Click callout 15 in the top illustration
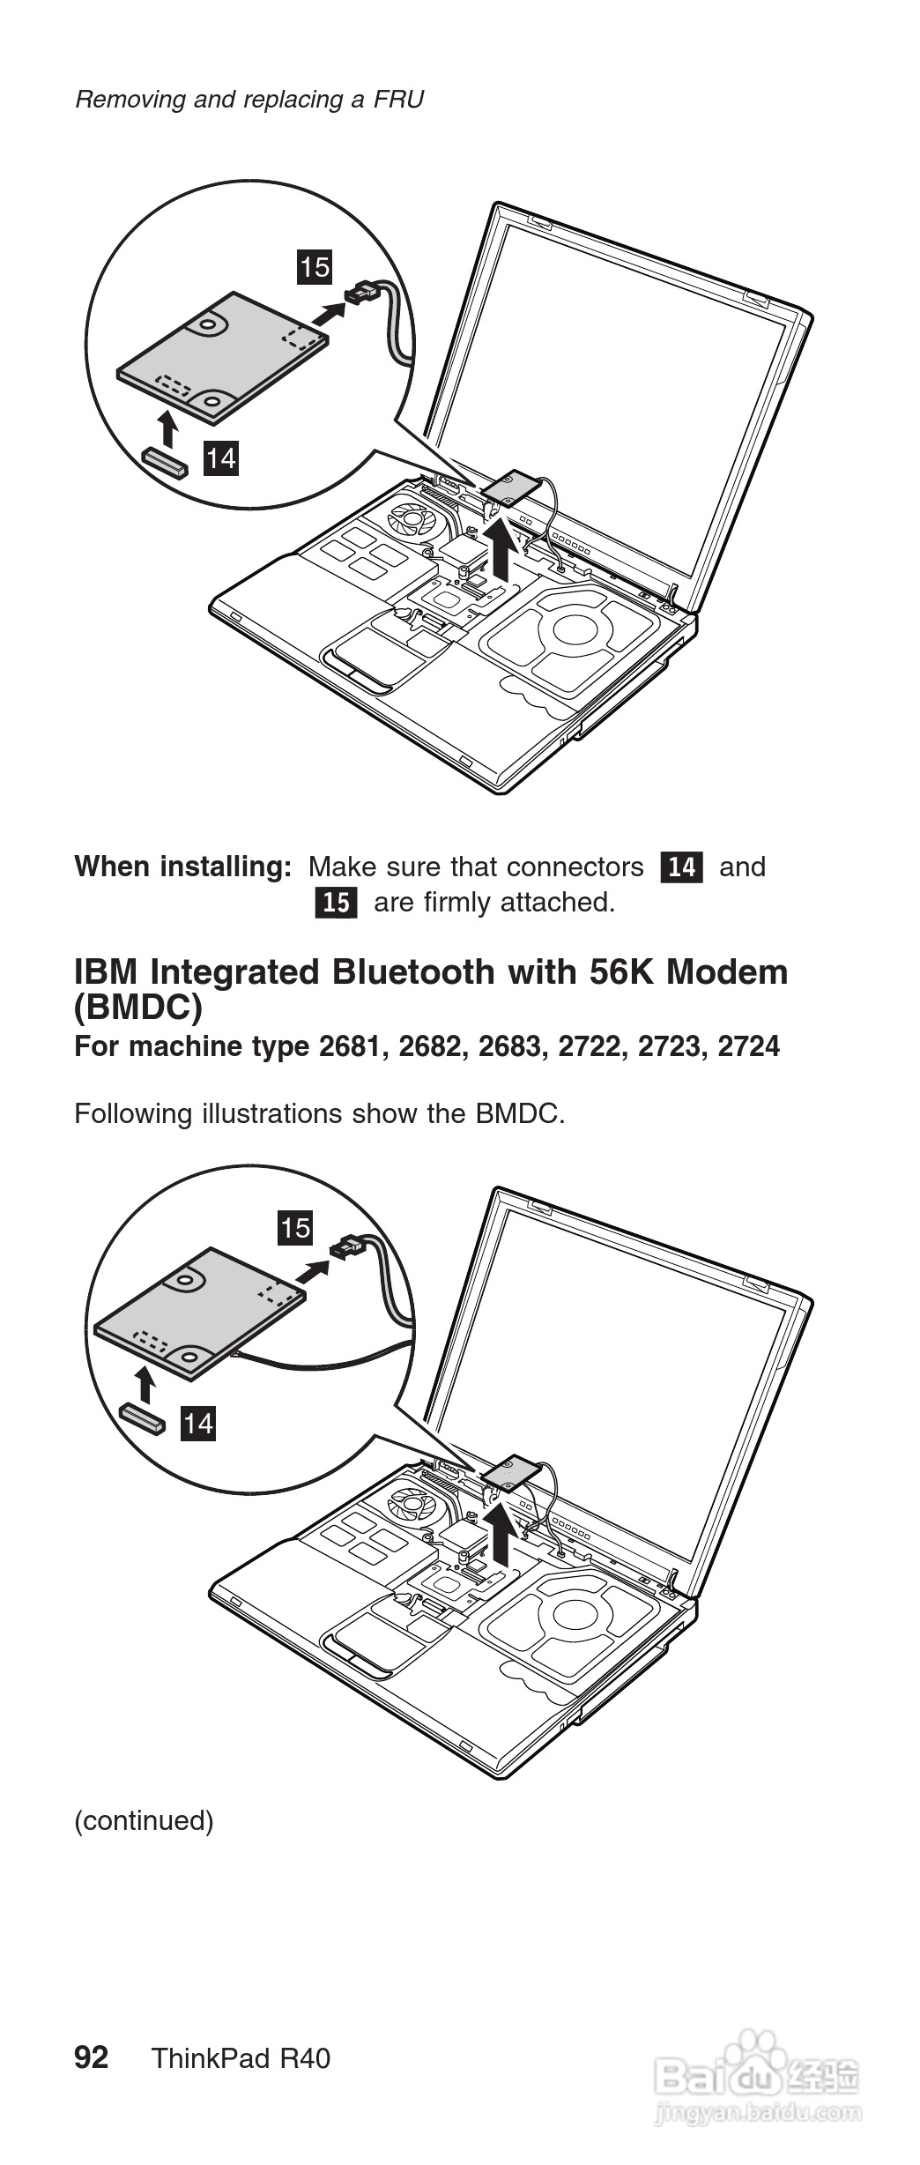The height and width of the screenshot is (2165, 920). (315, 266)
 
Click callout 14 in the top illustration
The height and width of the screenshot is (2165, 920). (220, 458)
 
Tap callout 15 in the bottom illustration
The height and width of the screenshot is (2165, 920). (295, 1227)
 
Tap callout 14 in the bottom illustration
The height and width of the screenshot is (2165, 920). (197, 1424)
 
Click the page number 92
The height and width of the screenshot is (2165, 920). (92, 2057)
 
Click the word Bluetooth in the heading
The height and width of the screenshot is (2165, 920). (413, 972)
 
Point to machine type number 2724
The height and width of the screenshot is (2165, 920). (748, 1046)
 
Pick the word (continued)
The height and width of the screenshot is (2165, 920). (144, 1820)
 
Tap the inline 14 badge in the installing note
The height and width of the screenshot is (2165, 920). (681, 867)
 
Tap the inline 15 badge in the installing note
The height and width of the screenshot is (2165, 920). (336, 903)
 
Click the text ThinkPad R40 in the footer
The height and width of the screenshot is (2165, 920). (241, 2058)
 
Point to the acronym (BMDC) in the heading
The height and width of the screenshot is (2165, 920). (138, 1007)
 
